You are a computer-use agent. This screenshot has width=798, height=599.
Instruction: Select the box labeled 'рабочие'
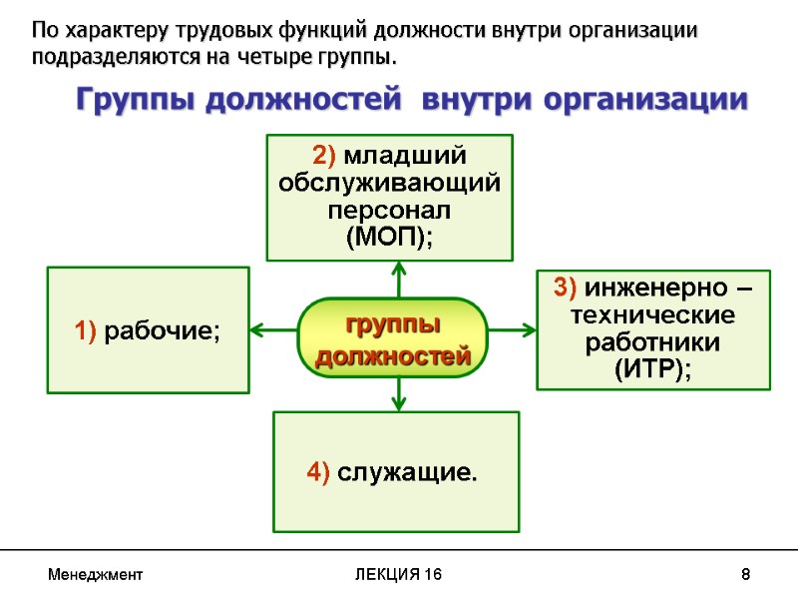pos(149,329)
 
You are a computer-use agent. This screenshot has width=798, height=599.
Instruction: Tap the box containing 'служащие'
pos(396,471)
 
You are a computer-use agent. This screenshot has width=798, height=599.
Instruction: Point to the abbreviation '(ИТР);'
pos(653,368)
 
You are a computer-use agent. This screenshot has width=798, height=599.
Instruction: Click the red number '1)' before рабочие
pos(83,330)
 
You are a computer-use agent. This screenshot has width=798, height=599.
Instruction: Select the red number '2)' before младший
pos(326,156)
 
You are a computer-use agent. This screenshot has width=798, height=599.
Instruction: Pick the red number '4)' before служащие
pos(319,471)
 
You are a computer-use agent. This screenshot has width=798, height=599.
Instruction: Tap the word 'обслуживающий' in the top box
pos(390,184)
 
